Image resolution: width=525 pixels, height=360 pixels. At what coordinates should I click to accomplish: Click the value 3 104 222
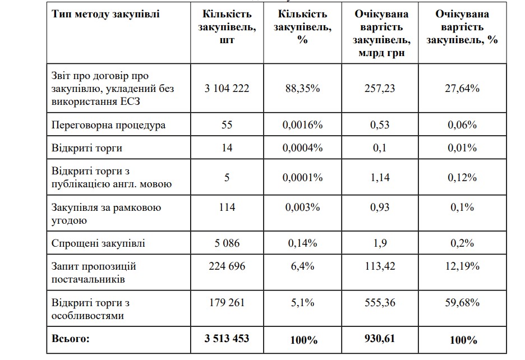click(227, 88)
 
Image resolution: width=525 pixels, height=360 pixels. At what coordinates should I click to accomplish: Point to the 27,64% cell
click(462, 88)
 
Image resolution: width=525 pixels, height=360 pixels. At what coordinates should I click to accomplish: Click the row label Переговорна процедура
click(108, 125)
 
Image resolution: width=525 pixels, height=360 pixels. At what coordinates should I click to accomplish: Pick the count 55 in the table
click(227, 125)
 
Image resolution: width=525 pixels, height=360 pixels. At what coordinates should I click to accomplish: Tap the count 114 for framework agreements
click(227, 207)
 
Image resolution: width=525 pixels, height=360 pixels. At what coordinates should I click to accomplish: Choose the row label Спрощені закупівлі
click(98, 243)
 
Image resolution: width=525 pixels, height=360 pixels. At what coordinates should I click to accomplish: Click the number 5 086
click(227, 243)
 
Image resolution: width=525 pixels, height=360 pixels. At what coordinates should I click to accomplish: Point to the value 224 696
click(227, 266)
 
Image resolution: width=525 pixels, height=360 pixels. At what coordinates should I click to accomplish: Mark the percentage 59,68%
click(462, 303)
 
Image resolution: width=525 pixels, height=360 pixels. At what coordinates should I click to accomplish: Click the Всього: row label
click(71, 339)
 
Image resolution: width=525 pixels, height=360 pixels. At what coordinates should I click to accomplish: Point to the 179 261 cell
click(227, 303)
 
